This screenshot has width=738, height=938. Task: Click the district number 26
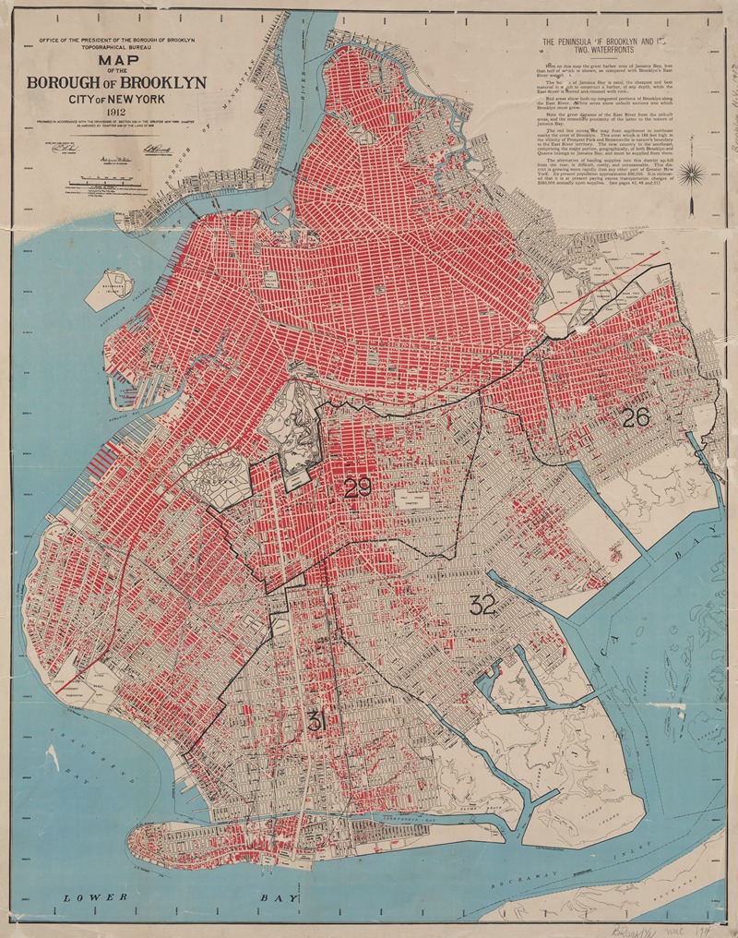[x=636, y=416]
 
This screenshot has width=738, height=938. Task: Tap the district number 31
[x=316, y=721]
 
